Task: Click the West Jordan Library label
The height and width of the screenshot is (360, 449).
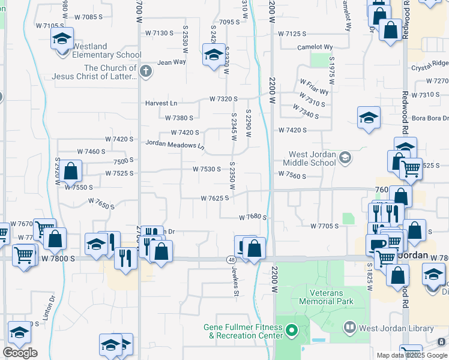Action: [396, 328]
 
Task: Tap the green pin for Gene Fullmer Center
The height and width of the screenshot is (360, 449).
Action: [292, 330]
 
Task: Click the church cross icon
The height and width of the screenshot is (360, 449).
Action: [145, 72]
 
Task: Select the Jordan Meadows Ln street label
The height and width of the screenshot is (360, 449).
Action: [174, 145]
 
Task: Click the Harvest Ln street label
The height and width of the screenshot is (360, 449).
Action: [161, 103]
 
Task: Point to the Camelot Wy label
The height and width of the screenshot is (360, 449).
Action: [315, 47]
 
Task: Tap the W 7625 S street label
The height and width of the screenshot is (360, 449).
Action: [215, 198]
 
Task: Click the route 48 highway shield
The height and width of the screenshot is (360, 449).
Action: [231, 259]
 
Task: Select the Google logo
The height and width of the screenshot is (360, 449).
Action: [20, 353]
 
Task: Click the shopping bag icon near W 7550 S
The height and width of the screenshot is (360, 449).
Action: [70, 170]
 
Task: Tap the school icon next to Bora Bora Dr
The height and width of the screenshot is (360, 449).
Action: [369, 117]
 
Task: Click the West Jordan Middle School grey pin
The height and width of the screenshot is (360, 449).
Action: [345, 158]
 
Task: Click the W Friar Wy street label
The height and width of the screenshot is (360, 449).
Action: [314, 88]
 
